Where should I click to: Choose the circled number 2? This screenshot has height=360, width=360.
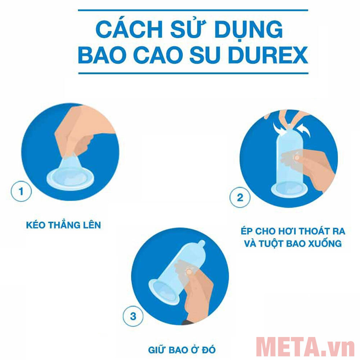coord(240,197)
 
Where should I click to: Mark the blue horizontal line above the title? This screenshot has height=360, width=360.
coord(193,10)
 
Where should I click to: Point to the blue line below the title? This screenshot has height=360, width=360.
coord(193,73)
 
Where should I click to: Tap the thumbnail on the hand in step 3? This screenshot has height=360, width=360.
coord(188,270)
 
